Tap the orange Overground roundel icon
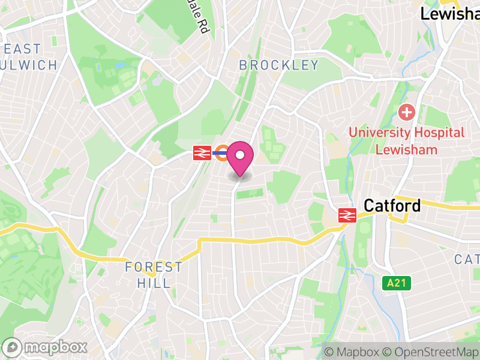pyautogui.click(x=223, y=154)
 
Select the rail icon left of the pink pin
pyautogui.click(x=201, y=154)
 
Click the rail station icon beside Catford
pyautogui.click(x=346, y=215)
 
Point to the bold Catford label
pyautogui.click(x=392, y=206)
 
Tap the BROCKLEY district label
pyautogui.click(x=279, y=65)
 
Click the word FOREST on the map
pyautogui.click(x=154, y=267)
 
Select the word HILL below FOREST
pyautogui.click(x=154, y=283)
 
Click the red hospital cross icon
pyautogui.click(x=407, y=112)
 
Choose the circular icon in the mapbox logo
pyautogui.click(x=13, y=347)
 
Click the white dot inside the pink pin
pyautogui.click(x=240, y=155)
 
